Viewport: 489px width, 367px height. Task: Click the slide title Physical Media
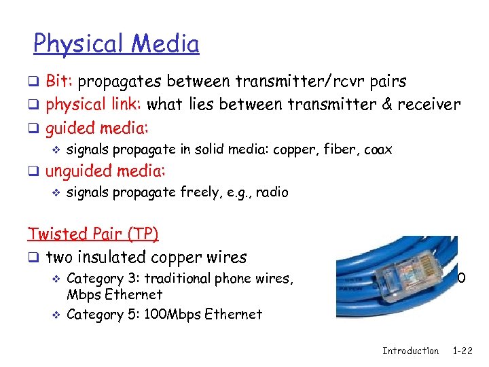(116, 44)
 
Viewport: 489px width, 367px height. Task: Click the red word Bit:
(60, 82)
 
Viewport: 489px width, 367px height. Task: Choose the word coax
(378, 150)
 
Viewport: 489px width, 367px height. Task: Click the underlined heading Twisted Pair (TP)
(93, 234)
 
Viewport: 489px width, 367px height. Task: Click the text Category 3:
(102, 278)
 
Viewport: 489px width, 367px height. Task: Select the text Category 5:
(102, 314)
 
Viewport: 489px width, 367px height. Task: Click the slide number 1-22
(463, 351)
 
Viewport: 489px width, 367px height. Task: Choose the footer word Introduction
(410, 351)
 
